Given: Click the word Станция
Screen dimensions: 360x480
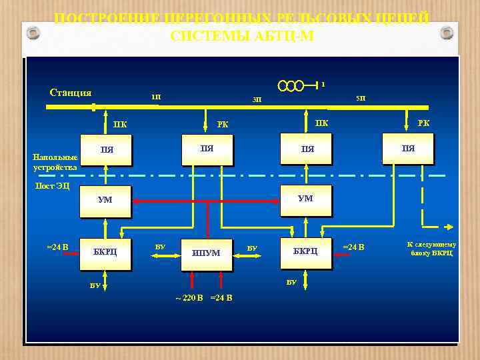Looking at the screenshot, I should pyautogui.click(x=71, y=93).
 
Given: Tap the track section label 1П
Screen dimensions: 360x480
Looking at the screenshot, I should pyautogui.click(x=155, y=98).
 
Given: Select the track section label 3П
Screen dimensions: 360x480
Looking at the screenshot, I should pyautogui.click(x=257, y=100).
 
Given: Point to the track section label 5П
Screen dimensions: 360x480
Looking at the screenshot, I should pyautogui.click(x=360, y=98).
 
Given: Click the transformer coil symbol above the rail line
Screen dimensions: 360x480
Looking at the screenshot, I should pyautogui.click(x=291, y=85).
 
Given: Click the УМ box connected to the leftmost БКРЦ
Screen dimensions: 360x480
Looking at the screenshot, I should pyautogui.click(x=105, y=200).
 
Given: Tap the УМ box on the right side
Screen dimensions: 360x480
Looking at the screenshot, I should pyautogui.click(x=305, y=199).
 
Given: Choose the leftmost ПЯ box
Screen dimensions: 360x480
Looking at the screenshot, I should pyautogui.click(x=106, y=150).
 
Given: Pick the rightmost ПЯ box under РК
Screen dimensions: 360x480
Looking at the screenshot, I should pyautogui.click(x=408, y=148).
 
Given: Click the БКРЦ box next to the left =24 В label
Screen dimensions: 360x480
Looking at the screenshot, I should pyautogui.click(x=105, y=252).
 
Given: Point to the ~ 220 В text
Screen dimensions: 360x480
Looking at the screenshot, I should pyautogui.click(x=189, y=297).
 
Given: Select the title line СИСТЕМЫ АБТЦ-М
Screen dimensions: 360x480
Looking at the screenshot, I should pyautogui.click(x=241, y=36).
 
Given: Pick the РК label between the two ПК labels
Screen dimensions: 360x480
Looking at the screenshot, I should pyautogui.click(x=223, y=123).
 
